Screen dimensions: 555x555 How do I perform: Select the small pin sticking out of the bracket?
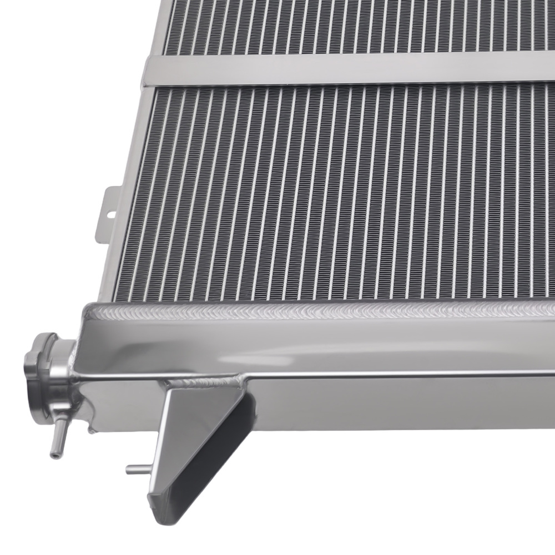click(137, 470)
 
